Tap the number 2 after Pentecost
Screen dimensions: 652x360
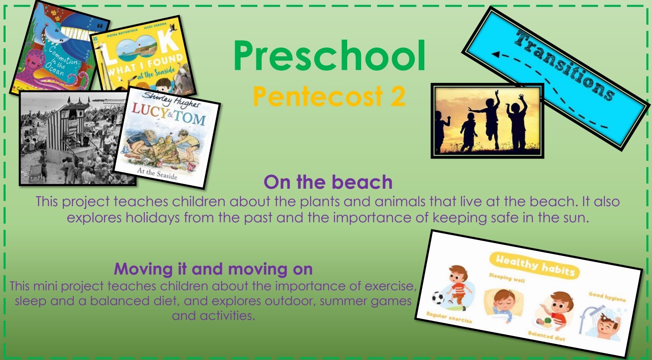coord(397,96)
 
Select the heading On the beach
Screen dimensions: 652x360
coord(328,182)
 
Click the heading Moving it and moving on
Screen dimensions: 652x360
coord(213,268)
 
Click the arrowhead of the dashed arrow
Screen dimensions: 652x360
coord(496,54)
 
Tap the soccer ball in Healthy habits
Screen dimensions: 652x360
coord(438,298)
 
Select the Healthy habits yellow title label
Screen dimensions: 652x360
coord(535,265)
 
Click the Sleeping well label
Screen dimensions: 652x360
coord(507,278)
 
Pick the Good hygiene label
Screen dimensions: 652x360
coord(607,297)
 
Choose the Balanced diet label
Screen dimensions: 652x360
coord(546,336)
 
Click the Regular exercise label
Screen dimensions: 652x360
coord(449,317)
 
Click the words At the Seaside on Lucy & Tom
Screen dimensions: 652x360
coord(157,173)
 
